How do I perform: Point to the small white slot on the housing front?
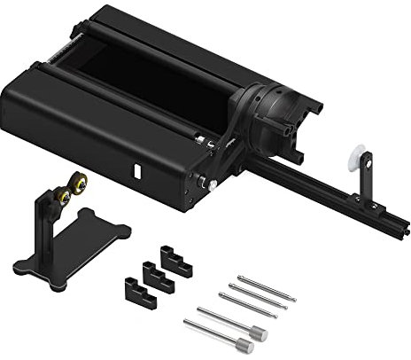136,169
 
